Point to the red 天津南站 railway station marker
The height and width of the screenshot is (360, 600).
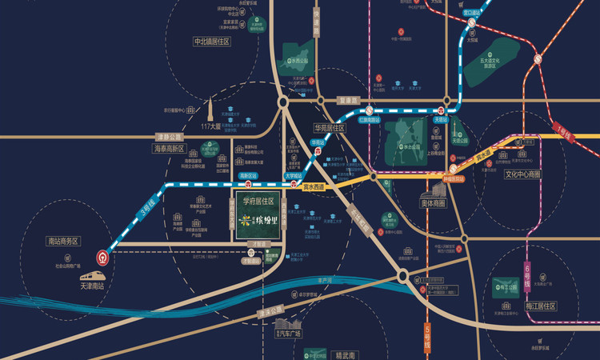click(103, 258)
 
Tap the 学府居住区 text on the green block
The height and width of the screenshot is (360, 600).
click(258, 200)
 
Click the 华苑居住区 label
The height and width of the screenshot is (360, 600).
click(329, 127)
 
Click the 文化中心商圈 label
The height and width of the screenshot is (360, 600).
click(522, 174)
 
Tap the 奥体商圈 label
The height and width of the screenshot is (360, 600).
click(438, 203)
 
